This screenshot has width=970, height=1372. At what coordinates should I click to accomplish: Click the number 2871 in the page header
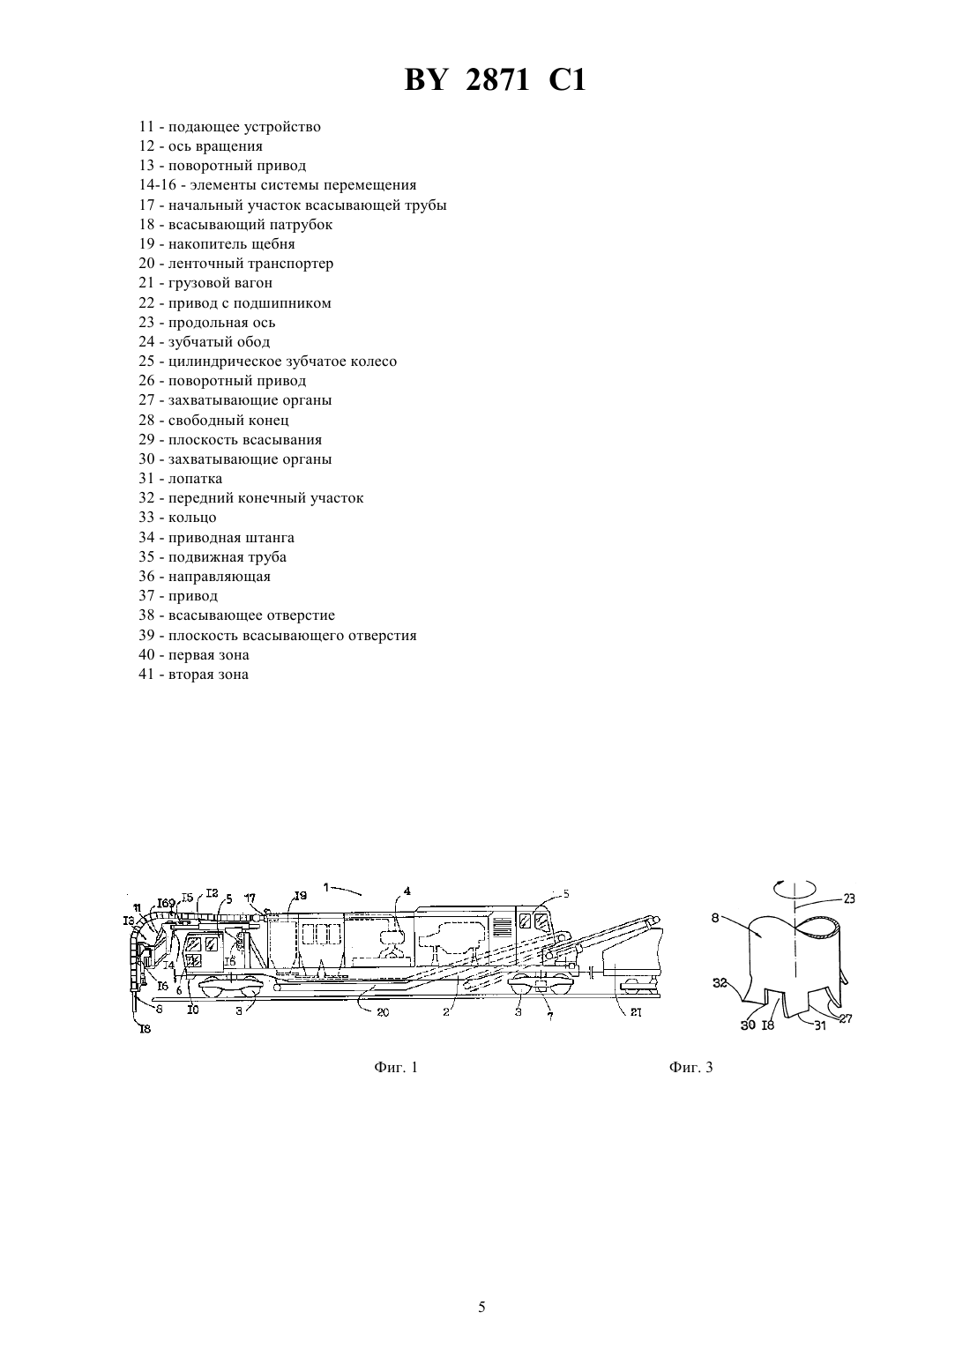pyautogui.click(x=497, y=80)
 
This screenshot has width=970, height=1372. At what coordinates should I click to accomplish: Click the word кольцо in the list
pyautogui.click(x=192, y=518)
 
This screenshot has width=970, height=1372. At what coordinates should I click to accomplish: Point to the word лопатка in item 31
pyautogui.click(x=196, y=479)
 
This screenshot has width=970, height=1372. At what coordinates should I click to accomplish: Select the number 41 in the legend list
pyautogui.click(x=147, y=675)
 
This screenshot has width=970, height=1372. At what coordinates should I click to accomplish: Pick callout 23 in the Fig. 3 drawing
pyautogui.click(x=848, y=899)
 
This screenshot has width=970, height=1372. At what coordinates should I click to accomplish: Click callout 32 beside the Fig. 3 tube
pyautogui.click(x=720, y=983)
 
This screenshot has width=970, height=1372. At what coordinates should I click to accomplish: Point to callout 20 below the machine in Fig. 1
pyautogui.click(x=383, y=1012)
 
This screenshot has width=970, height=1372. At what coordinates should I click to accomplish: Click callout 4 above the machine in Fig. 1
pyautogui.click(x=407, y=891)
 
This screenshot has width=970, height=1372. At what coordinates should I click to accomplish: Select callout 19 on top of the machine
pyautogui.click(x=300, y=896)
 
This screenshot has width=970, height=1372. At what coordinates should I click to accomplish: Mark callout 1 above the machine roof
pyautogui.click(x=326, y=886)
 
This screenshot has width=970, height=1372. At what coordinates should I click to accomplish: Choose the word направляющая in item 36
pyautogui.click(x=220, y=577)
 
